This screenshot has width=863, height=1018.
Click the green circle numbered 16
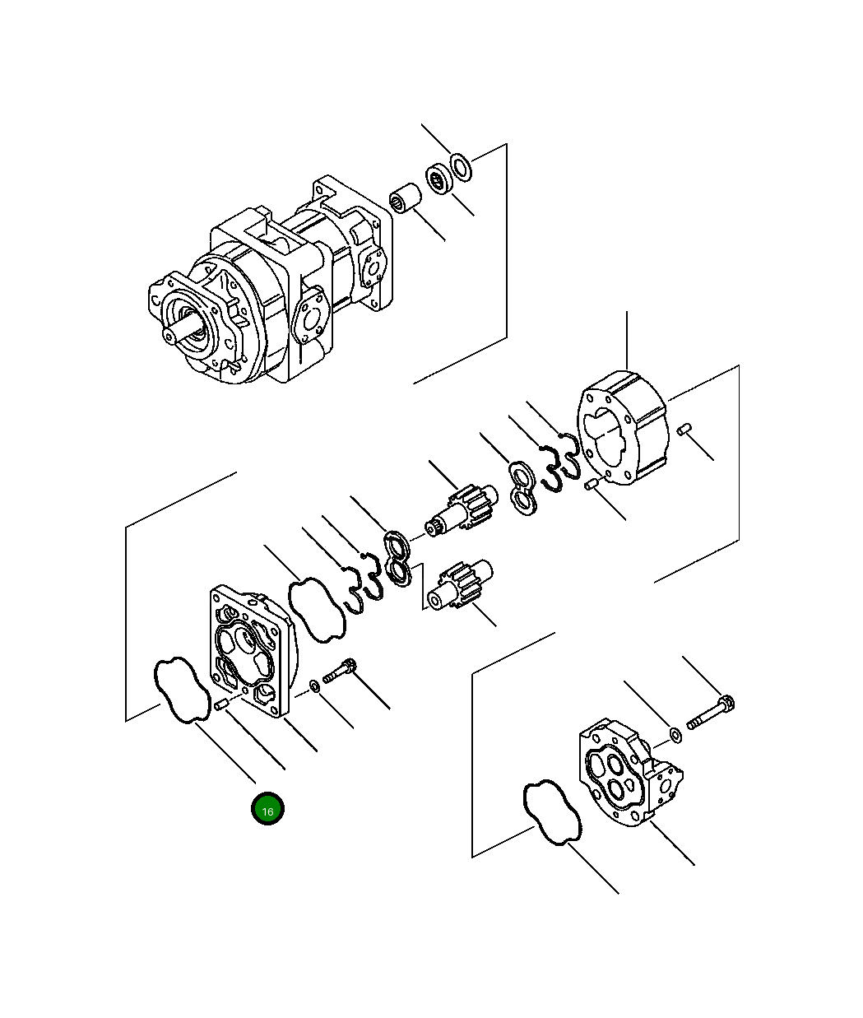[267, 810]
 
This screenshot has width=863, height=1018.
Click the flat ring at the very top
[462, 167]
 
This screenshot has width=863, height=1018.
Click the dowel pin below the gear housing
[590, 486]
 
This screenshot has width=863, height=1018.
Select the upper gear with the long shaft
[462, 510]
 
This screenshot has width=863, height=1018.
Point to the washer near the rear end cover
[675, 734]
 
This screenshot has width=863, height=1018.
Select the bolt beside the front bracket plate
[339, 671]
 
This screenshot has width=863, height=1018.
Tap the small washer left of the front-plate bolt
[315, 686]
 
